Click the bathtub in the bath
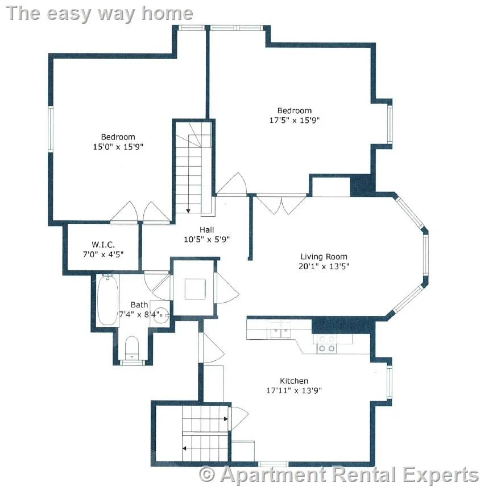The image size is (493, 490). [106, 300]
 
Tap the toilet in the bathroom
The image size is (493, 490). [132, 347]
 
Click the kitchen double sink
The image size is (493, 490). [280, 330]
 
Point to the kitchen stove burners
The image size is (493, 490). [326, 343]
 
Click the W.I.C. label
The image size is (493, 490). [103, 244]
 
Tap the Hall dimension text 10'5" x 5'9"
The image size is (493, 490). [206, 240]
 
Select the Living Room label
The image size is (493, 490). [324, 257]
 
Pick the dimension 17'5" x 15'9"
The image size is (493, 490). [294, 120]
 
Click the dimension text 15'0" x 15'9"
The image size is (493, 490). [118, 146]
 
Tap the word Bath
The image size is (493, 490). [139, 305]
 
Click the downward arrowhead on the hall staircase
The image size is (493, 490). [188, 210]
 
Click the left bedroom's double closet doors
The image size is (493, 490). [139, 212]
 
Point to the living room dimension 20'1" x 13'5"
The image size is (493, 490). [324, 266]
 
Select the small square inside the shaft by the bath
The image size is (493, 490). [194, 289]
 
